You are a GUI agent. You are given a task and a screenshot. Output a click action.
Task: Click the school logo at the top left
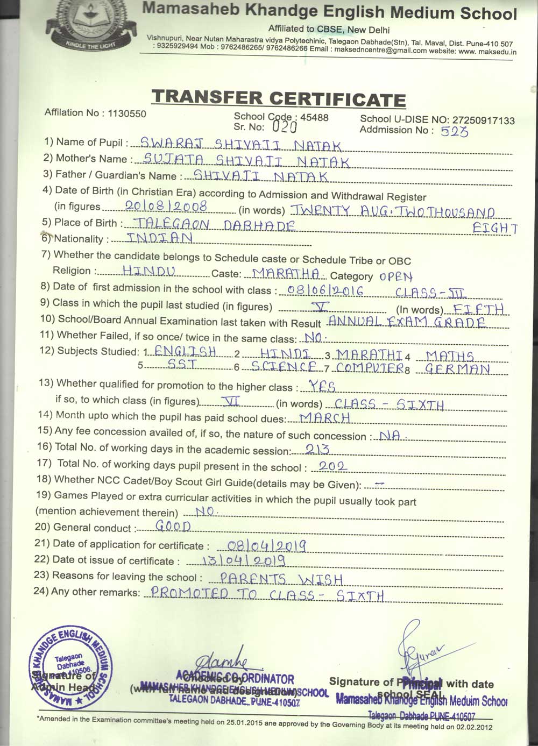coord(87,24)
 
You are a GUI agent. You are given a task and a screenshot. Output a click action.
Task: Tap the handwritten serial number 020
coord(285,127)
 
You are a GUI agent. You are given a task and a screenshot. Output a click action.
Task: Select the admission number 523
coord(454,131)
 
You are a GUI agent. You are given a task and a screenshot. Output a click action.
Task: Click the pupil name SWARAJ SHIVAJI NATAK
coord(240,145)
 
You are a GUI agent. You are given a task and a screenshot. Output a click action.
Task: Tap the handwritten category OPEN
coord(395,277)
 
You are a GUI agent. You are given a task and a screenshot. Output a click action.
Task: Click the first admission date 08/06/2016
coord(325,291)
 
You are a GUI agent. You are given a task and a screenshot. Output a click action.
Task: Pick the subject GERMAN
coord(457,369)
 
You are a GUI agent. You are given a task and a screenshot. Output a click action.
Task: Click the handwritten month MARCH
coord(325,418)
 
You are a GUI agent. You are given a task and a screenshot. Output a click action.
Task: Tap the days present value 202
coord(332,466)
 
